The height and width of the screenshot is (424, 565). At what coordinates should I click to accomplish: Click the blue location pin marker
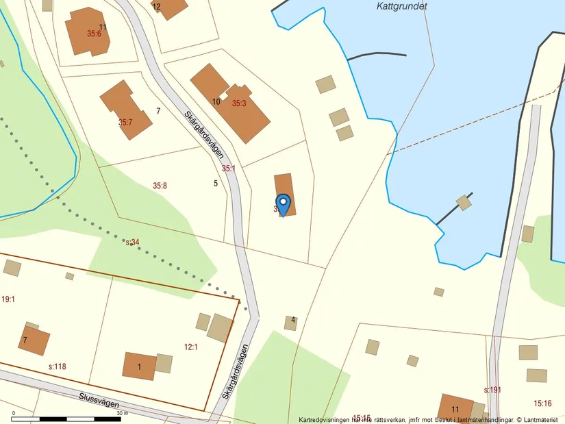click(x=283, y=204)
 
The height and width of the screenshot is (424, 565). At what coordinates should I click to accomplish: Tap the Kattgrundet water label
click(x=402, y=6)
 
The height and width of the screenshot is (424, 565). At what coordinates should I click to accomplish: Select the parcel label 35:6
click(x=94, y=34)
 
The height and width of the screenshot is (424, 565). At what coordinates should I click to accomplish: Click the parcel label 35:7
click(x=125, y=123)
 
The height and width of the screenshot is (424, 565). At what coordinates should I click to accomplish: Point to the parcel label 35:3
click(x=238, y=103)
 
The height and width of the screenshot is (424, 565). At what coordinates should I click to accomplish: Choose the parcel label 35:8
click(x=160, y=186)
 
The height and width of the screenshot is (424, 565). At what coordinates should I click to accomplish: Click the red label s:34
click(x=132, y=242)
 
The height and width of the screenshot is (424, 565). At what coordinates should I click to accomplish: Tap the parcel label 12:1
click(x=190, y=347)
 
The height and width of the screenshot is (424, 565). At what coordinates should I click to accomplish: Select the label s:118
click(x=57, y=367)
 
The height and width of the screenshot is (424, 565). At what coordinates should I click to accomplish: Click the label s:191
click(x=492, y=390)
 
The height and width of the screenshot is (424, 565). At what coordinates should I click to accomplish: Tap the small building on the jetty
click(x=464, y=203)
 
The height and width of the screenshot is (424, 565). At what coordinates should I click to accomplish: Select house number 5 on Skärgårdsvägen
click(x=216, y=183)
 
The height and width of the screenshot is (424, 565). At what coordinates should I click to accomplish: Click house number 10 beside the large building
click(x=216, y=101)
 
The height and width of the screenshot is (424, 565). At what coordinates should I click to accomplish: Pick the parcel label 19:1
click(x=8, y=299)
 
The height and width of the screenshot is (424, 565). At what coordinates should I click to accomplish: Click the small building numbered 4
click(x=291, y=322)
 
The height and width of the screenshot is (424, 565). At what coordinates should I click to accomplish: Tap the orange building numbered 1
click(x=140, y=366)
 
